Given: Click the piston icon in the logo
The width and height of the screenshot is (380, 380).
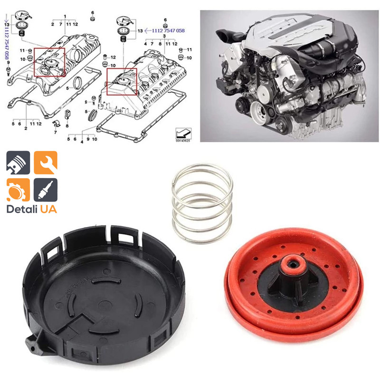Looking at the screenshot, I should [18, 163].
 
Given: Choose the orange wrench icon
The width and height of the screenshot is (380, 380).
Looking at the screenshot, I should [46, 163].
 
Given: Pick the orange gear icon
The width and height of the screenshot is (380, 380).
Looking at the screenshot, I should [18, 190].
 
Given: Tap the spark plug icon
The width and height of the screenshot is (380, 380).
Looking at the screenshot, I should [46, 190].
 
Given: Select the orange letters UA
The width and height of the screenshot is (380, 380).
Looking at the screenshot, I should [48, 209].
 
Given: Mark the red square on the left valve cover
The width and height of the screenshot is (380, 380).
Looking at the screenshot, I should [49, 62].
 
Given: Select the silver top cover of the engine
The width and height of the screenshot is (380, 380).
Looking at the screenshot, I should [304, 28].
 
